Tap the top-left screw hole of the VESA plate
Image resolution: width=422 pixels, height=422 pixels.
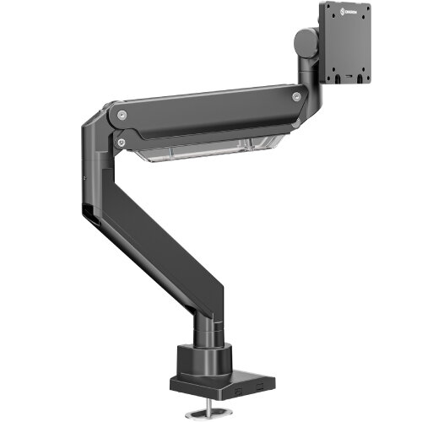tap(332, 22)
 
